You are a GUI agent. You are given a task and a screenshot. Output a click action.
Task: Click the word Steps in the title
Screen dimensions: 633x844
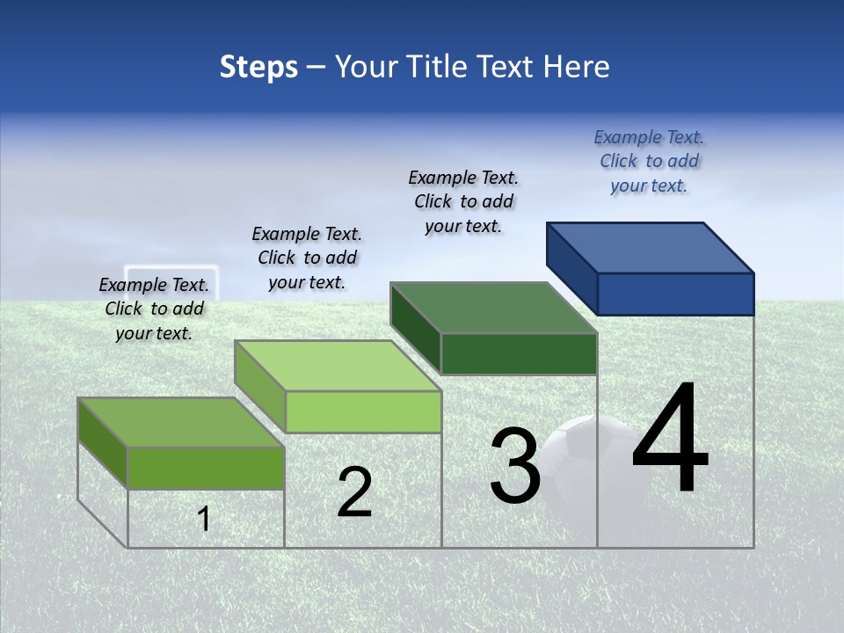(258, 67)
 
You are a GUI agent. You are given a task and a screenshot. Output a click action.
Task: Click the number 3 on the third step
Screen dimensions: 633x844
(514, 466)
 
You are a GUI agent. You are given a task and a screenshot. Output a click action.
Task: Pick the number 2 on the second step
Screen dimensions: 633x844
(354, 492)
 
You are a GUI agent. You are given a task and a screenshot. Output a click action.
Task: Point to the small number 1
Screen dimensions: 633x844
(204, 519)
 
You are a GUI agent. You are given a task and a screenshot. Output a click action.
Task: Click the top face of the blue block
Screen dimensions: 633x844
(651, 248)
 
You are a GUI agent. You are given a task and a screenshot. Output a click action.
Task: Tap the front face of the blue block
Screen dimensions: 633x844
(675, 294)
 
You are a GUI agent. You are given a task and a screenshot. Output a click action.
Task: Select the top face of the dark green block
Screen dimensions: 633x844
(493, 309)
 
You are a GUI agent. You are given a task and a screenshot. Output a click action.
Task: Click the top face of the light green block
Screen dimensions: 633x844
(338, 366)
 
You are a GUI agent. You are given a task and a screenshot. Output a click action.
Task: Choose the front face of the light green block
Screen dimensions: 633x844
(363, 411)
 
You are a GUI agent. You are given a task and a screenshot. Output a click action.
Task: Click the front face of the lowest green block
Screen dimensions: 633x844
(206, 468)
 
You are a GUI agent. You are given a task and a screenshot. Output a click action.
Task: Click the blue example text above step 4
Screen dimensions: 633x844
(649, 161)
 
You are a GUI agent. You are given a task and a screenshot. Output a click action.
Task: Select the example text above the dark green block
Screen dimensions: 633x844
(463, 201)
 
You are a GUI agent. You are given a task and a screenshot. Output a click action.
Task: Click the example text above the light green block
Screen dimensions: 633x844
(307, 258)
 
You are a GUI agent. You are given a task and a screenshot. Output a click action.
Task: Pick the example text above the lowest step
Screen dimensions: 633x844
(154, 309)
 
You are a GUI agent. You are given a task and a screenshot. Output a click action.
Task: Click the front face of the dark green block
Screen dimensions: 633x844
(519, 353)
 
